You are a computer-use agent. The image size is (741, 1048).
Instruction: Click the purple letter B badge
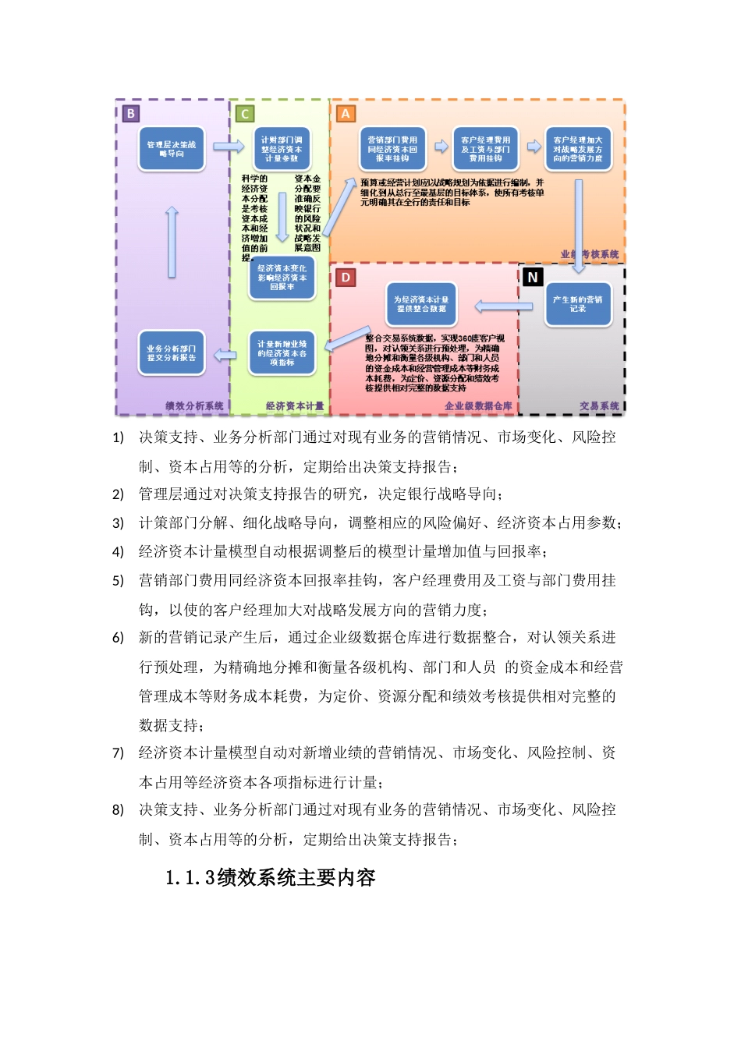click(130, 113)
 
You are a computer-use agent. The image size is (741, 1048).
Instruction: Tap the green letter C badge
click(245, 114)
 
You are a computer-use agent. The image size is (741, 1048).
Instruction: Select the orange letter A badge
click(345, 114)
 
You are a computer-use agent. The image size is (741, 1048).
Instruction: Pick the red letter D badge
click(346, 277)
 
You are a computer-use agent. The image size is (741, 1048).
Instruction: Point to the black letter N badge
click(533, 277)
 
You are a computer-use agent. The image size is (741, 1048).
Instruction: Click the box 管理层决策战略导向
click(172, 149)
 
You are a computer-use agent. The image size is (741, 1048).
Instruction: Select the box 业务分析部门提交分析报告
click(172, 353)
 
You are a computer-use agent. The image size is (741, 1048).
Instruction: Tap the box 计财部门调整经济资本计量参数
click(281, 149)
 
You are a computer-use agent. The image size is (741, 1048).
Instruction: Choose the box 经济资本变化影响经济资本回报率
click(282, 278)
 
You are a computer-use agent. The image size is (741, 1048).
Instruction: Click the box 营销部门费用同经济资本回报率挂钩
click(392, 149)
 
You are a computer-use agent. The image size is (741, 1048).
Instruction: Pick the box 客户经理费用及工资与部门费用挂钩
click(485, 149)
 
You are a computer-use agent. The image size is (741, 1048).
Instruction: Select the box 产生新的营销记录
click(578, 304)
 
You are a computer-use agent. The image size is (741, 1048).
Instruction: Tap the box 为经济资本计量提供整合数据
click(421, 304)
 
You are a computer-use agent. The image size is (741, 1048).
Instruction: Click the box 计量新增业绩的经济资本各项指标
click(282, 353)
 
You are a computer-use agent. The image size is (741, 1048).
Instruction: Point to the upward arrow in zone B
click(172, 242)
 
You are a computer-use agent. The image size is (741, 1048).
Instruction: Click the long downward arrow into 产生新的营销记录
click(579, 226)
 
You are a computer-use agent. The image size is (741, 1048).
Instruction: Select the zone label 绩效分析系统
click(194, 406)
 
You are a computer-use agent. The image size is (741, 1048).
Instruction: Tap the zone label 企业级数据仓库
click(478, 406)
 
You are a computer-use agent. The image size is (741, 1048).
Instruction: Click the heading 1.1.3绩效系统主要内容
click(271, 878)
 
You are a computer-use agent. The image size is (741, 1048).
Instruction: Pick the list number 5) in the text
click(118, 581)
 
